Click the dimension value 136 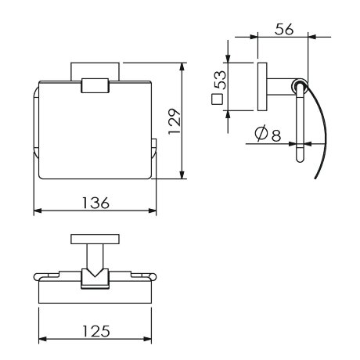click(95, 203)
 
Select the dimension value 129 click(175, 121)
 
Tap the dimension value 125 click(96, 331)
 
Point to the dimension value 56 click(284, 29)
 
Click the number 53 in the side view click(221, 80)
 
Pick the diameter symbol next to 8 click(261, 133)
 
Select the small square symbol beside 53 click(217, 99)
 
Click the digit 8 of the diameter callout click(276, 135)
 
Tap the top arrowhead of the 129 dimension click(182, 67)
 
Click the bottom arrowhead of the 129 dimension click(182, 175)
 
